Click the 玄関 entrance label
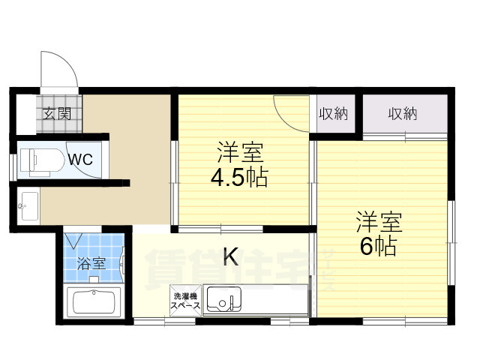tap(57, 114)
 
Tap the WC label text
tap(80, 159)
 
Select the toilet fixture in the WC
tap(42, 162)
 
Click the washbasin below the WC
tap(29, 205)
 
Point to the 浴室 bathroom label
tap(91, 263)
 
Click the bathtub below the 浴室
tap(94, 301)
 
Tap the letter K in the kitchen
tap(231, 256)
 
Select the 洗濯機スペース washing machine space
tap(186, 300)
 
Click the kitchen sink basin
tap(223, 299)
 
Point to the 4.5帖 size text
tap(239, 177)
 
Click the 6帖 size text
tap(379, 246)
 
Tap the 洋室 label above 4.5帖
tap(240, 152)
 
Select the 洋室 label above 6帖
tap(379, 222)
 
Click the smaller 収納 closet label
tap(333, 114)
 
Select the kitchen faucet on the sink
tap(232, 302)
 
